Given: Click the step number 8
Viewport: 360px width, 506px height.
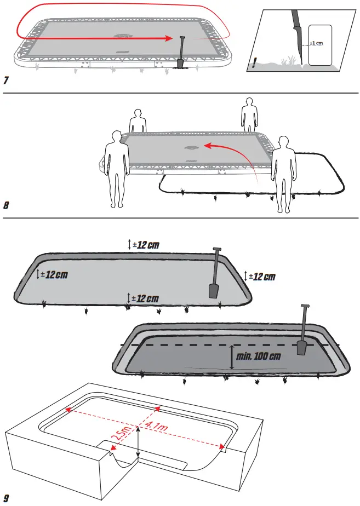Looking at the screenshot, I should (x=6, y=206).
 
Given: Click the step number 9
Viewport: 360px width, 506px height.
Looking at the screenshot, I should (x=6, y=498).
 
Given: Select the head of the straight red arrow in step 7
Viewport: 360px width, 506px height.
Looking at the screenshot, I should (x=170, y=38).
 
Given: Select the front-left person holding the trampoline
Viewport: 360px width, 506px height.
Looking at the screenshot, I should (x=117, y=168).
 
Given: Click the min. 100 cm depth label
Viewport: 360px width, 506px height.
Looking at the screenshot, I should (x=259, y=356).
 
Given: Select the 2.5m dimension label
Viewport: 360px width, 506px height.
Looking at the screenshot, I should (x=123, y=436).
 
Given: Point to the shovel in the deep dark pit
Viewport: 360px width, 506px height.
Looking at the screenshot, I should (x=302, y=331).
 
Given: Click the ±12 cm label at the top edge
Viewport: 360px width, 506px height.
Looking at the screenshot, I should (x=145, y=244).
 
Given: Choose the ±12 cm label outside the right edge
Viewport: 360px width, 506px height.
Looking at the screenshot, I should (x=262, y=277).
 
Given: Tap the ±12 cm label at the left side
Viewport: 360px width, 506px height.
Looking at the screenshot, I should (x=53, y=273).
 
